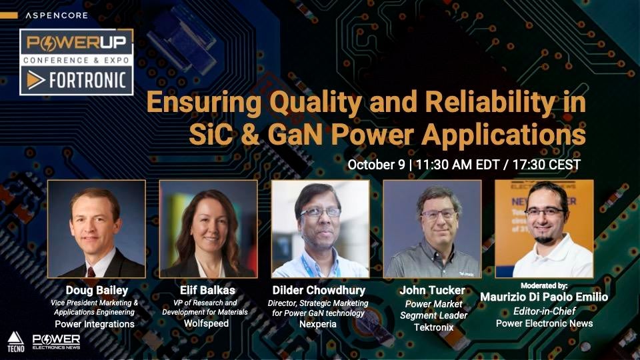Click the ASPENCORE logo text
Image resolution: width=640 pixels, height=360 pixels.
[56, 15]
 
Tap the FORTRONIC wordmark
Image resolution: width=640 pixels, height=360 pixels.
[87, 80]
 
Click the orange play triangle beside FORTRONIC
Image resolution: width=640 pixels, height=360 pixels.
[35, 80]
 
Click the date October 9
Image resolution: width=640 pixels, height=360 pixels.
[376, 165]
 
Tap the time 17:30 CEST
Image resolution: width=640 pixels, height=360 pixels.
[546, 165]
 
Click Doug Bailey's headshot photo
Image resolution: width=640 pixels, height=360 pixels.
[97, 229]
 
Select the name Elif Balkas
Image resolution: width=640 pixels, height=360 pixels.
[208, 290]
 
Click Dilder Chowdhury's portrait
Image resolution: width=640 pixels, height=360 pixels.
[321, 229]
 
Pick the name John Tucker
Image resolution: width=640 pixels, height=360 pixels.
[432, 290]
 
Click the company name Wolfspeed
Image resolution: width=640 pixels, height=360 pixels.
[206, 323]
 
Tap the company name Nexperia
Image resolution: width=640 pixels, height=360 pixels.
[318, 324]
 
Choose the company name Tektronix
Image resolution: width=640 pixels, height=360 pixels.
[433, 327]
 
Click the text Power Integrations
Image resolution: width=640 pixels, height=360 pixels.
[95, 324]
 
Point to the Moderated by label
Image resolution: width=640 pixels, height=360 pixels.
[544, 286]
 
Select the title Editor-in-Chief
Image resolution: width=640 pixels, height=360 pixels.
[544, 311]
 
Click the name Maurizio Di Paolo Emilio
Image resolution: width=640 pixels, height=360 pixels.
[544, 297]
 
